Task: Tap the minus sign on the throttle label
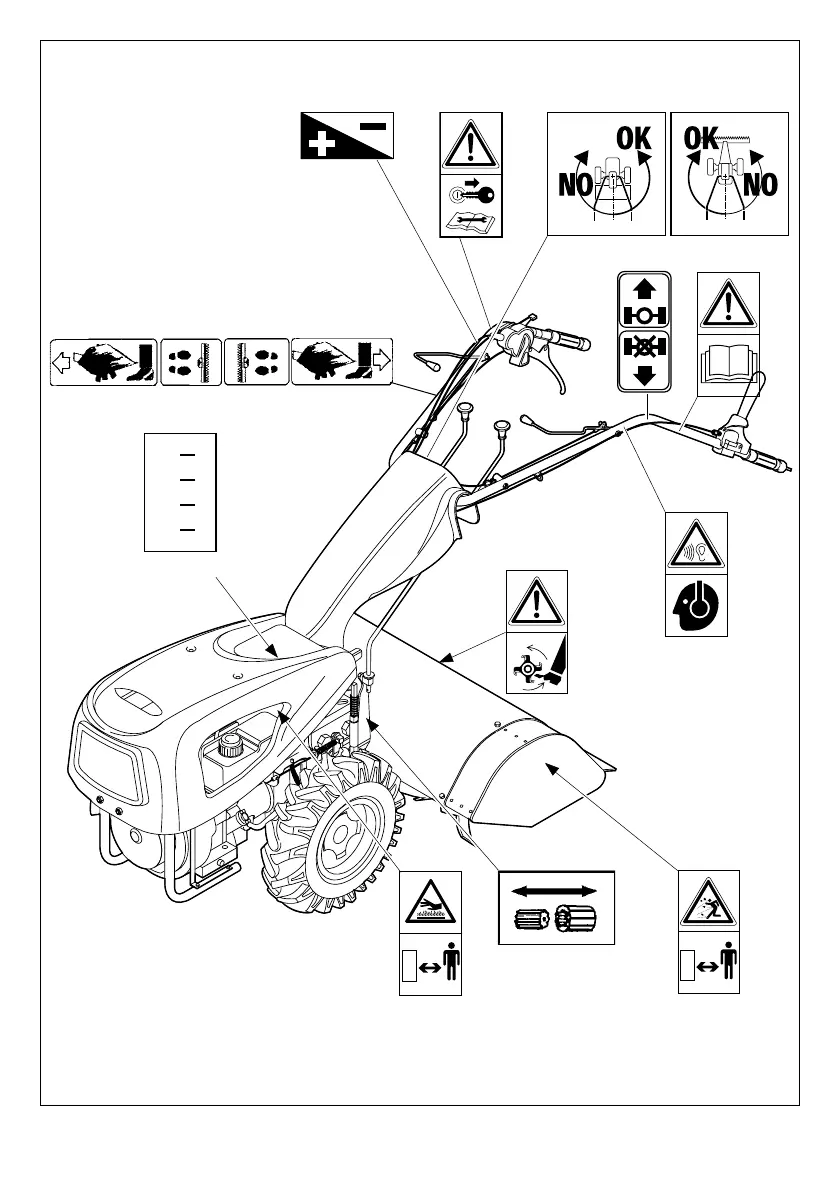(x=371, y=126)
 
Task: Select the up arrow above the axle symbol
(x=643, y=289)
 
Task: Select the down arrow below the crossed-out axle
(x=643, y=375)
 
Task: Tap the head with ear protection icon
(x=696, y=605)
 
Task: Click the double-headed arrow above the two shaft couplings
(x=555, y=889)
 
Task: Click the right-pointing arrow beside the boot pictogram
(x=382, y=361)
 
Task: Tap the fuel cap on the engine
(x=233, y=744)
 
